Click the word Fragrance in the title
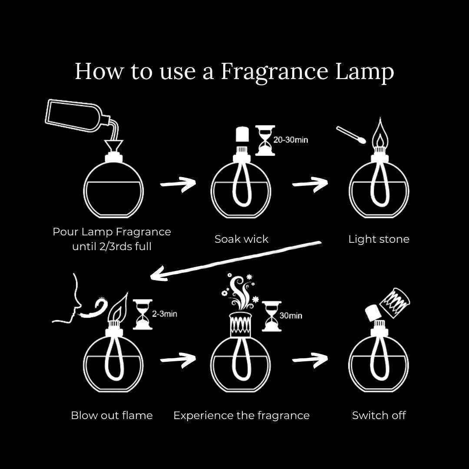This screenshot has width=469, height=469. [275, 72]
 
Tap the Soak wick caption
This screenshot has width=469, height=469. [241, 239]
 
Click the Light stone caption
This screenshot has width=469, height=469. [379, 239]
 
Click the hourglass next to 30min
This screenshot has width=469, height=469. [272, 316]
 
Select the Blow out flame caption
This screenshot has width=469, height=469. [112, 415]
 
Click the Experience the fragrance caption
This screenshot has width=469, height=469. [241, 415]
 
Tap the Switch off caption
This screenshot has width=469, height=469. [379, 415]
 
